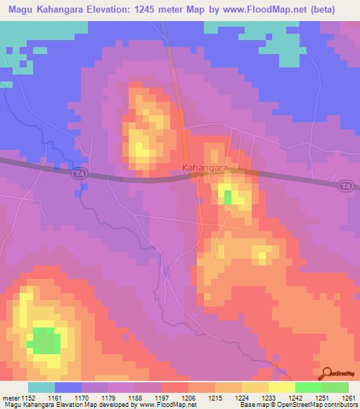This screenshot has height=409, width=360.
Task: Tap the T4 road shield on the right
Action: (x=344, y=185)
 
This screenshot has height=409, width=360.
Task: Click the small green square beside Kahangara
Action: (x=227, y=197)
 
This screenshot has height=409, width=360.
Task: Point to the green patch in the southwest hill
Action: (x=46, y=340)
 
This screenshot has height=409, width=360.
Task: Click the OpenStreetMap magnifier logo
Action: (x=327, y=374)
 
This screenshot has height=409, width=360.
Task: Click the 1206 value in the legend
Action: (x=189, y=398)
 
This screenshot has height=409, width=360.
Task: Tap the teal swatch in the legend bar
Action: (x=41, y=387)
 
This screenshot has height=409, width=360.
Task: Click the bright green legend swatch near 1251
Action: (x=309, y=387)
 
